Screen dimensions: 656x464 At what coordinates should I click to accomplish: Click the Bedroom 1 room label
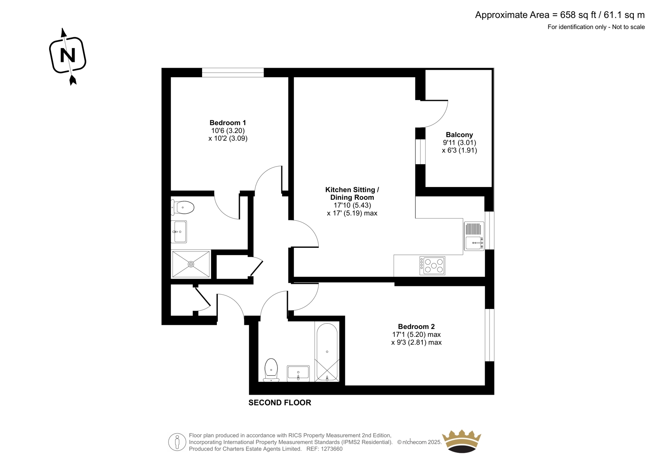(x=228, y=123)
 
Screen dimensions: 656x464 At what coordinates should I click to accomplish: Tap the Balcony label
(x=459, y=135)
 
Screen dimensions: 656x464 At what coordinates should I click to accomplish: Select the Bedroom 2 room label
(x=416, y=326)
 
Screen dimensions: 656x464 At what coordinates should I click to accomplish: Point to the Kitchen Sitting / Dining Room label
(x=352, y=194)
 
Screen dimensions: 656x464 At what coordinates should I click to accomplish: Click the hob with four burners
(x=432, y=266)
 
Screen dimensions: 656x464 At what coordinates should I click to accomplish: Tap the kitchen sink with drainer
(x=474, y=236)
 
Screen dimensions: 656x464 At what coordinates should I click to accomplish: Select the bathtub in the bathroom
(x=327, y=352)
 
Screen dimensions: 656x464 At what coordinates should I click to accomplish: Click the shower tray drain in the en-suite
(x=191, y=264)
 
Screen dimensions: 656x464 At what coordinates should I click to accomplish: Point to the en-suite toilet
(x=182, y=208)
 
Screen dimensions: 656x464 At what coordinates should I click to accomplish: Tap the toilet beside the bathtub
(x=271, y=370)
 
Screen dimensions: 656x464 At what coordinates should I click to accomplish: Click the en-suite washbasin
(x=179, y=231)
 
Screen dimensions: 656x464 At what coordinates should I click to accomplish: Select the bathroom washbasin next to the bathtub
(x=298, y=373)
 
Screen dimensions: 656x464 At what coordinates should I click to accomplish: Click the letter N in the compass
(x=67, y=55)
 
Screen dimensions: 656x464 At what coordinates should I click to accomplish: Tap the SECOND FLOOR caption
(x=280, y=402)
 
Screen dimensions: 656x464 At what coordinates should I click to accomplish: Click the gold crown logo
(x=462, y=441)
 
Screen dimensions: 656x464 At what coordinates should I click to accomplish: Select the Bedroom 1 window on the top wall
(x=233, y=73)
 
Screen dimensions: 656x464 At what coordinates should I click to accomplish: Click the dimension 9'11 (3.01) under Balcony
(x=459, y=142)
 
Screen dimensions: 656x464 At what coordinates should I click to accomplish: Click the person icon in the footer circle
(x=177, y=442)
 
